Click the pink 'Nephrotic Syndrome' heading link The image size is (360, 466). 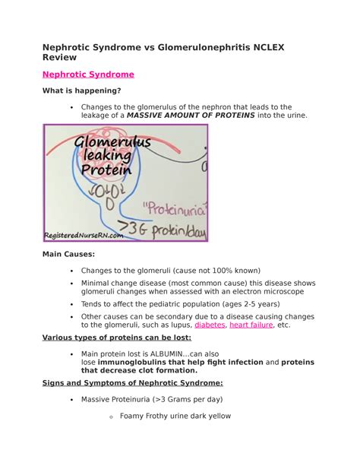tap(88, 74)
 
